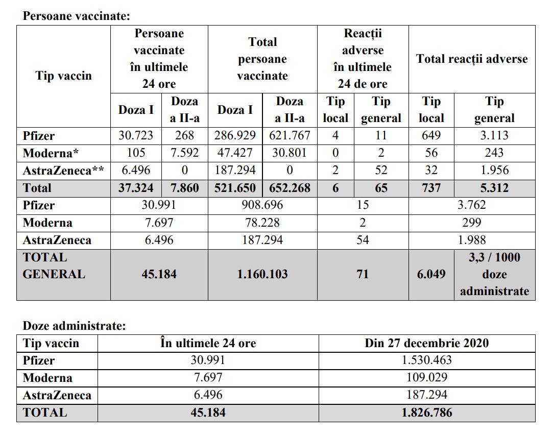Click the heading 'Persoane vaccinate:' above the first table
tap(77, 16)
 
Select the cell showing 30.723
tap(136, 136)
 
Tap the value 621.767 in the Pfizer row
tap(290, 136)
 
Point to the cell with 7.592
tap(184, 153)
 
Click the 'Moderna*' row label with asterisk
tap(47, 153)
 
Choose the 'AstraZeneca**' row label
tap(63, 171)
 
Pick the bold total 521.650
tap(235, 188)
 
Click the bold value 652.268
tap(290, 188)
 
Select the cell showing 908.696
tap(262, 205)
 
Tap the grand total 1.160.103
tap(262, 274)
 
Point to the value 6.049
tap(431, 274)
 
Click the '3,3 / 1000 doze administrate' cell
tap(494, 274)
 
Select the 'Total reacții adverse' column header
tap(472, 59)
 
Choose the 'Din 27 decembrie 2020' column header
tap(426, 343)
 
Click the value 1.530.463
tap(426, 360)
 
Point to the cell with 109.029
tap(426, 378)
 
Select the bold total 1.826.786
tap(426, 413)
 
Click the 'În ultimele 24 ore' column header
tap(208, 343)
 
